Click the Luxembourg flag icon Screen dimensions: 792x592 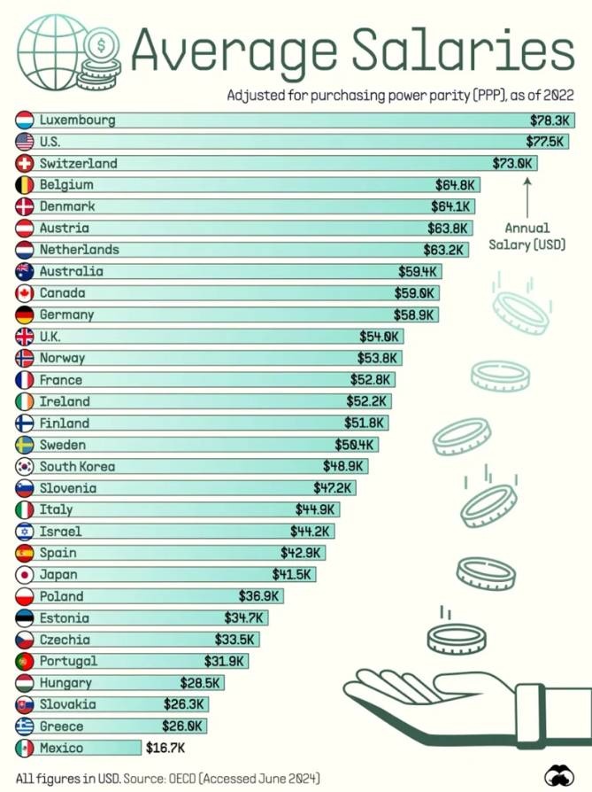25,120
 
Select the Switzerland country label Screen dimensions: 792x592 78,163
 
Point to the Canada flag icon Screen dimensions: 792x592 25,293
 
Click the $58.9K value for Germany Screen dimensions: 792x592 415,314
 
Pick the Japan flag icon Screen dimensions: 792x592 25,574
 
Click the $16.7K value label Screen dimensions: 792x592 165,748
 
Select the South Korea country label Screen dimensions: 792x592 77,466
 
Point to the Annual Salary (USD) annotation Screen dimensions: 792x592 527,236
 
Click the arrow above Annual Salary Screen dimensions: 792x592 527,195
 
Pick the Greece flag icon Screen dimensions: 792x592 25,726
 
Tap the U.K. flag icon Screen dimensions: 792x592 25,337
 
